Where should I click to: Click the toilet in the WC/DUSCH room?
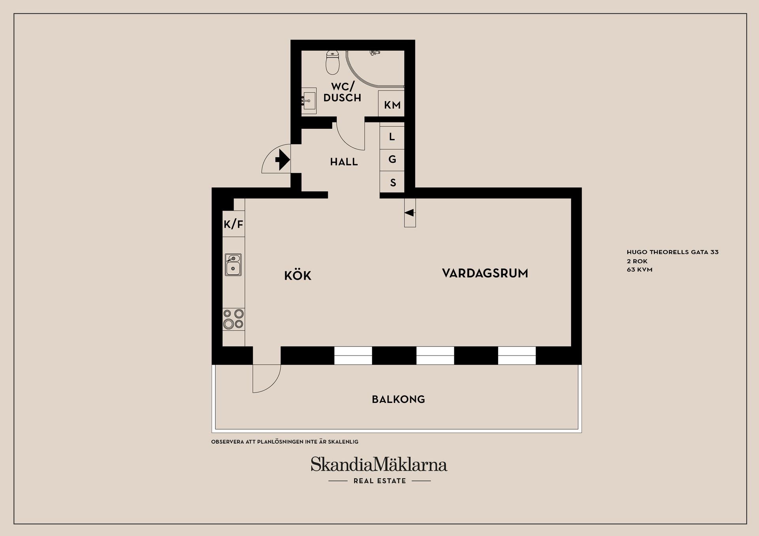click(332, 63)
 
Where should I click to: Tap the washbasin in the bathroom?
click(309, 101)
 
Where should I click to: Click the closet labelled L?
click(392, 137)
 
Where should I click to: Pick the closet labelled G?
click(392, 160)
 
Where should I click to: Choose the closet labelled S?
click(393, 182)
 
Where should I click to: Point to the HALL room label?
click(344, 162)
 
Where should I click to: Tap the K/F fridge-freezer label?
click(233, 225)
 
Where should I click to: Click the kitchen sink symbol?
click(233, 265)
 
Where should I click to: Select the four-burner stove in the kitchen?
click(233, 319)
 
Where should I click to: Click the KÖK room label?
click(298, 276)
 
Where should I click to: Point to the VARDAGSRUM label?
click(485, 273)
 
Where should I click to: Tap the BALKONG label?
click(398, 399)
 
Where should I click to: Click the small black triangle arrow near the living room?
click(410, 213)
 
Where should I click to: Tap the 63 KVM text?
click(639, 270)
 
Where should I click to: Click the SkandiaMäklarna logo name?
click(379, 465)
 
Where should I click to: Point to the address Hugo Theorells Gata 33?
click(672, 252)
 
